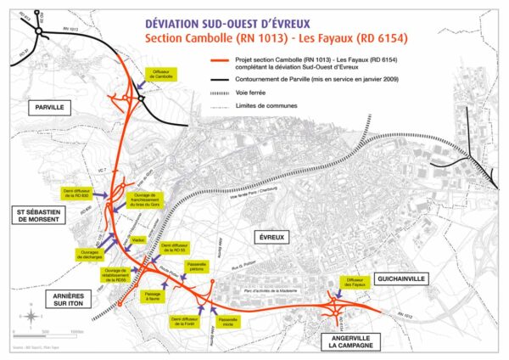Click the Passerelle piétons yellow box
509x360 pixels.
click(x=197, y=267)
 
